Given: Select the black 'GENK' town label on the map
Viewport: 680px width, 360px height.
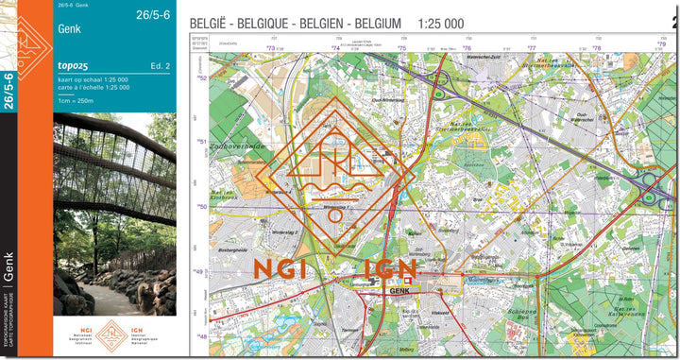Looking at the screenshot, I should (397, 292).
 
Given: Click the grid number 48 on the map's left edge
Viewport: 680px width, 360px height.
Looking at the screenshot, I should (202, 337).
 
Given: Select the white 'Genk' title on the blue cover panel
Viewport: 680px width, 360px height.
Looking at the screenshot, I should (70, 28).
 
